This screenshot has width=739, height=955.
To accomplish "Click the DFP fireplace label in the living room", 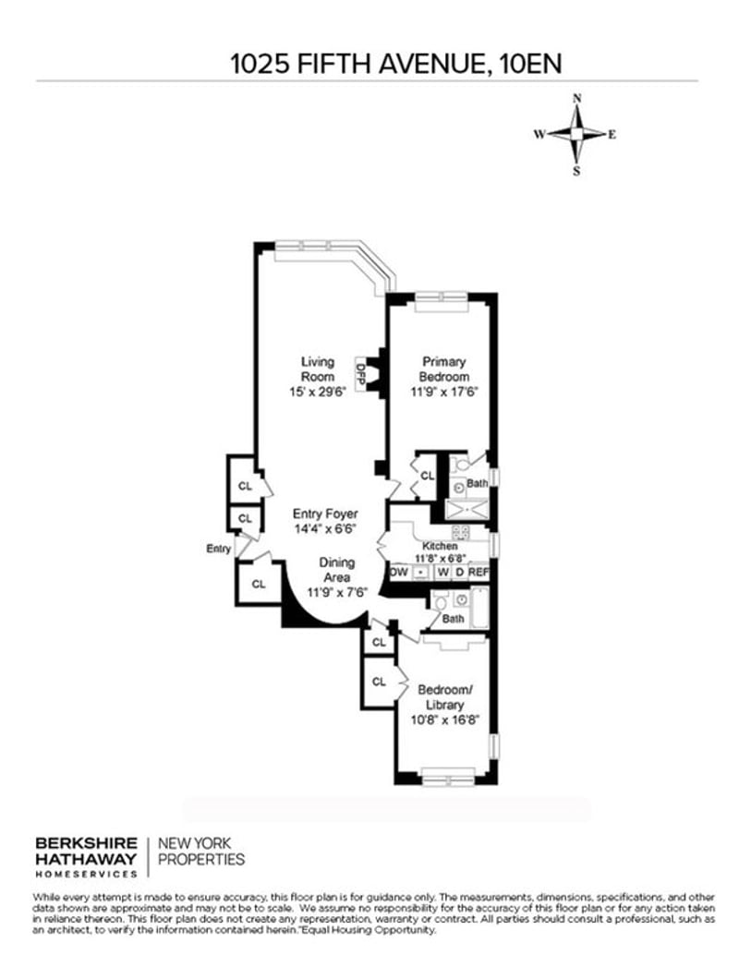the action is point(360,374).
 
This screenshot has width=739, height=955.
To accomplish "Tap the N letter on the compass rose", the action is point(577,98).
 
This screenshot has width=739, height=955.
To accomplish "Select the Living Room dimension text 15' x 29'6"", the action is point(318,392).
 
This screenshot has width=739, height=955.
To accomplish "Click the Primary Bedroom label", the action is point(444,369).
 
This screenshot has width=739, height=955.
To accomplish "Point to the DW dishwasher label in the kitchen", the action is point(399,572).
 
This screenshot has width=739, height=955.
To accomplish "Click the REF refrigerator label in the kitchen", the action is point(479,572).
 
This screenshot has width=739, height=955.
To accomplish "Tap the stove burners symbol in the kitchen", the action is point(461,532).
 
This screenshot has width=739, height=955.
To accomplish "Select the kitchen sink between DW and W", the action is point(420,573).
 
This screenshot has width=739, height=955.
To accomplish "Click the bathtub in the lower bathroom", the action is point(479,609).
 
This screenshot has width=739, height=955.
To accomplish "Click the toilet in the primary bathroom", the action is point(463,465).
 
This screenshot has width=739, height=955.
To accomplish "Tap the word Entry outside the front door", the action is point(218,549).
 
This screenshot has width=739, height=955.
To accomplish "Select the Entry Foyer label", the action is point(325,514).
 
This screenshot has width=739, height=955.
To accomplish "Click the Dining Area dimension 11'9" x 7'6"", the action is point(337,591).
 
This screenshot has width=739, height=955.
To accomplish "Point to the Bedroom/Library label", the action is point(445,697).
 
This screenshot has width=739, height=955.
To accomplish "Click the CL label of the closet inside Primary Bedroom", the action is point(428,475).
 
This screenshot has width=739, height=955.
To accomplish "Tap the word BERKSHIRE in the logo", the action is point(86,843).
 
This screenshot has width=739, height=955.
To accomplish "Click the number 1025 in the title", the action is point(259,64).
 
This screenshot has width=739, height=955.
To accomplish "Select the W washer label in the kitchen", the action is point(442,572).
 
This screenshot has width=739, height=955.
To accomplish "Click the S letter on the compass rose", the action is point(576,171).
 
